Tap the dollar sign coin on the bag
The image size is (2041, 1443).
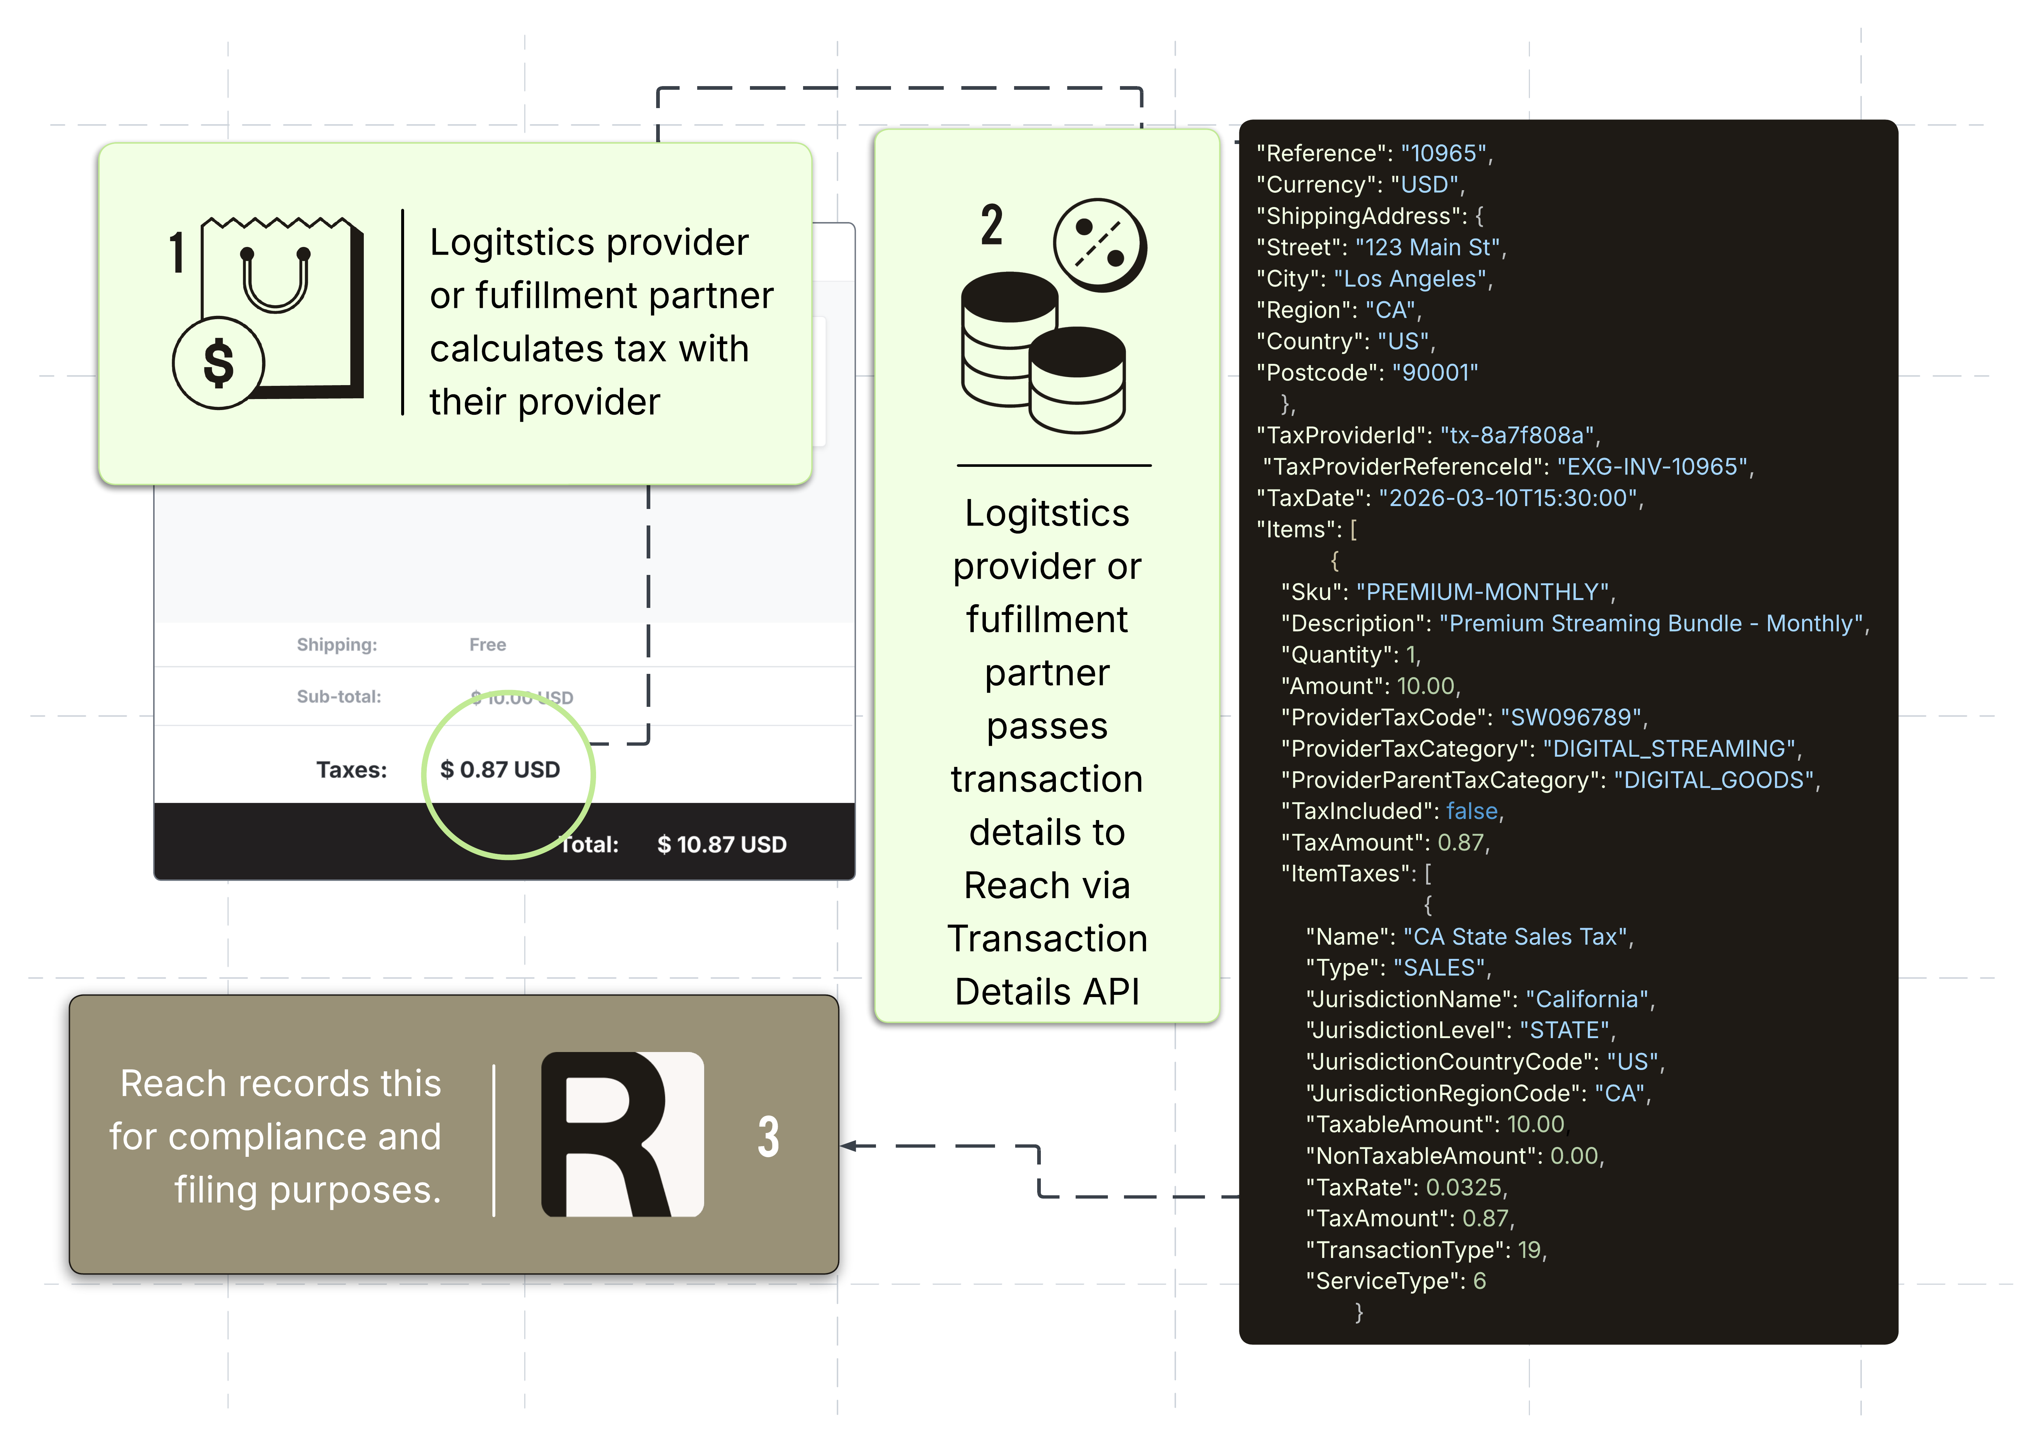[x=218, y=363]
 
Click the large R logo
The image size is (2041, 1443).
[x=622, y=1134]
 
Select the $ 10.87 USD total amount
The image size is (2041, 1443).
[x=722, y=845]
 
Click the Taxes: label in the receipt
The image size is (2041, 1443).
[x=352, y=770]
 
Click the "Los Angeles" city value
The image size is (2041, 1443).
[x=1410, y=279]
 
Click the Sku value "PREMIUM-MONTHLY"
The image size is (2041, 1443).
[x=1483, y=592]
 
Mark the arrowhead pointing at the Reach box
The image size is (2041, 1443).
[x=848, y=1146]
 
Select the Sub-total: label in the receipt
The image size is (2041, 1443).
[x=339, y=697]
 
